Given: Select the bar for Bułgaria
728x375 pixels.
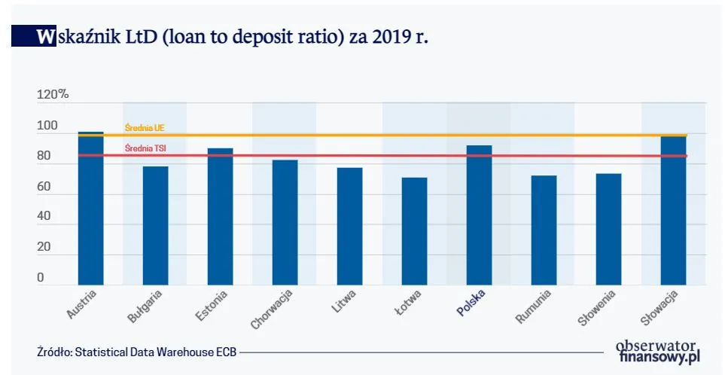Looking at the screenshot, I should tap(155, 225).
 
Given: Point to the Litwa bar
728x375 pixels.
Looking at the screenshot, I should tap(349, 226).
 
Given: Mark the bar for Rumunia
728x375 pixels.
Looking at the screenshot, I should tap(544, 230).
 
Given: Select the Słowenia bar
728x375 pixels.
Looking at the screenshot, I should tap(608, 229).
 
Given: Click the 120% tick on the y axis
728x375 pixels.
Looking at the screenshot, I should tap(53, 95).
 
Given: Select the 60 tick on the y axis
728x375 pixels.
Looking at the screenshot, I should tap(44, 187).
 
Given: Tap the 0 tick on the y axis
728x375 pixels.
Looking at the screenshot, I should tap(41, 278).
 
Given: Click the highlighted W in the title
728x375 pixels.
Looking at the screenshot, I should tap(45, 36).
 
